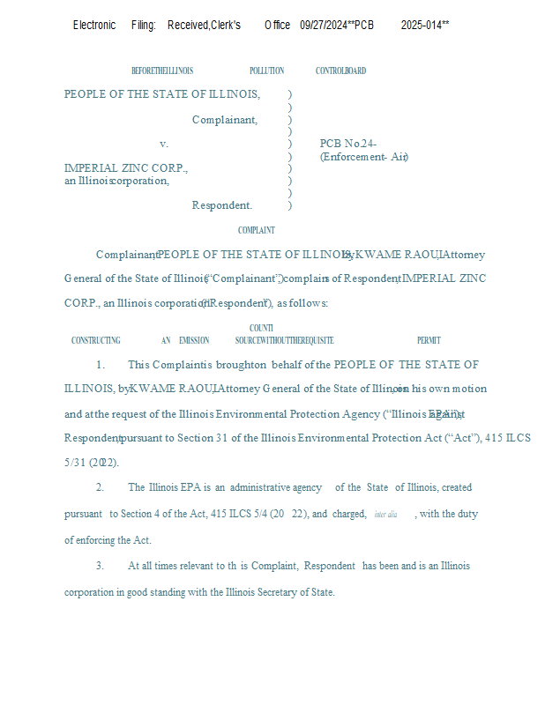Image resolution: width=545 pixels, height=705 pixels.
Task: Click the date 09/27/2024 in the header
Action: (x=325, y=25)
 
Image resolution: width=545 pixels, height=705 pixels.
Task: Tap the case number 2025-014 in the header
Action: (x=424, y=25)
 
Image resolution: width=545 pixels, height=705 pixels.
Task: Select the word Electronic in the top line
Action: (x=94, y=25)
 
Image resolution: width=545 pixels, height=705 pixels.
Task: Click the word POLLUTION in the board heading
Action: (x=266, y=70)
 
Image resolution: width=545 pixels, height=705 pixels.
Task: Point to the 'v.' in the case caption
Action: (x=164, y=144)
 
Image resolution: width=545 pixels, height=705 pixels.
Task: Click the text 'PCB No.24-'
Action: (x=348, y=144)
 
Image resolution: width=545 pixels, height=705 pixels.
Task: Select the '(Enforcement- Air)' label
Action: (x=363, y=157)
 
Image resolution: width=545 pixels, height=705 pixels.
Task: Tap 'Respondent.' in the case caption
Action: (x=222, y=205)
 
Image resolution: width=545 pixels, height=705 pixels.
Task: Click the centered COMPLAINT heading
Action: (x=257, y=231)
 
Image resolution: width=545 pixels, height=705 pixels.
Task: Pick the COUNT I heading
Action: (x=261, y=328)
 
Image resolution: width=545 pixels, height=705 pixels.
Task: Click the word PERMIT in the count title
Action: (x=429, y=340)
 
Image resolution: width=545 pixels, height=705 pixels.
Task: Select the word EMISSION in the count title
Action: (x=194, y=340)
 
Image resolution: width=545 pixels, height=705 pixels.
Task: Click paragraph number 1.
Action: (x=101, y=365)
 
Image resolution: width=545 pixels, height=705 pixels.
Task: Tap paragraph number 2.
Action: (x=101, y=487)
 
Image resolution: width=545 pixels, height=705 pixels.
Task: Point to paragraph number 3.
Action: (x=101, y=566)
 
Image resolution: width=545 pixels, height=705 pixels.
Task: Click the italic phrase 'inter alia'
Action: (x=385, y=515)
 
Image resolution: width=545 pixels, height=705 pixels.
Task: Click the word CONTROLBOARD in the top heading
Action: (x=340, y=70)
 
